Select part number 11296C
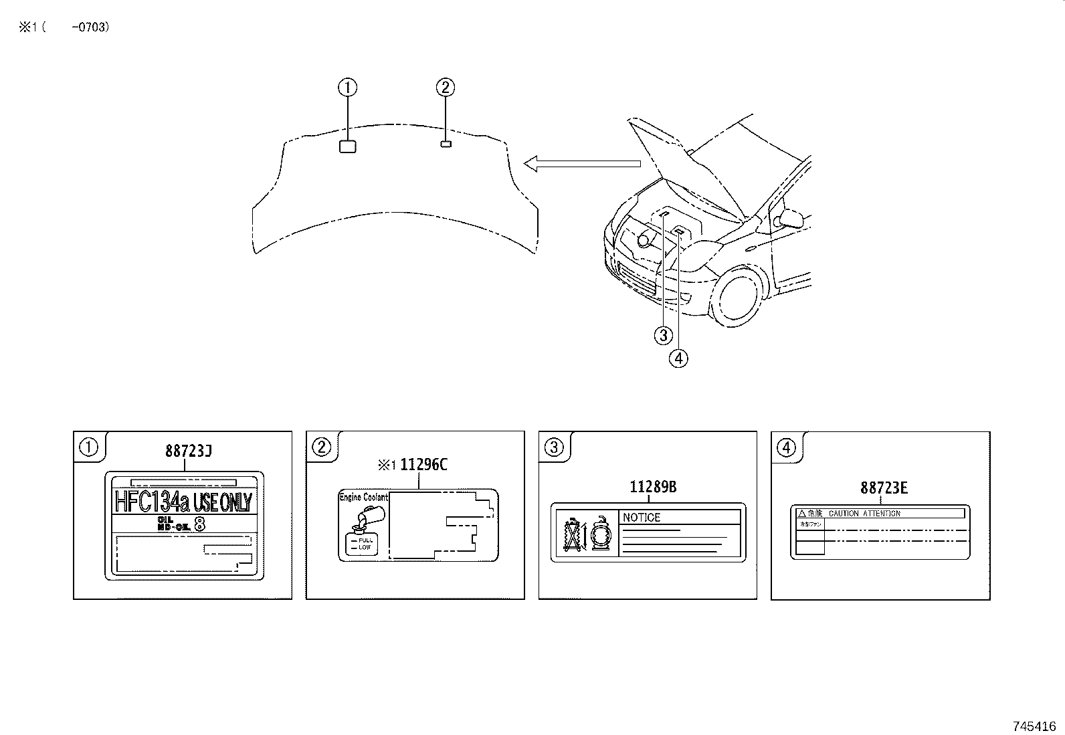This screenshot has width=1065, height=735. coord(423,465)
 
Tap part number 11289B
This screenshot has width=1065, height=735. coord(652,487)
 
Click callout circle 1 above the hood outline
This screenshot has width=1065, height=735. coord(347,87)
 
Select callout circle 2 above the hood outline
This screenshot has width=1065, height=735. coord(446,87)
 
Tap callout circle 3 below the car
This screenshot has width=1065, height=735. coord(663,335)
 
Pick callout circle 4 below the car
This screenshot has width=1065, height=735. coord(678,358)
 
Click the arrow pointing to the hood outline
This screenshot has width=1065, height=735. coord(582,163)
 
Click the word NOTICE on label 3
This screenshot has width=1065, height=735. coord(642,517)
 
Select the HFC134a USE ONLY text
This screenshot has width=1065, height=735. coord(183,502)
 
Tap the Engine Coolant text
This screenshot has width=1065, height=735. coord(363,498)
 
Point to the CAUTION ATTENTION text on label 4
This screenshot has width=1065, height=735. coord(864,513)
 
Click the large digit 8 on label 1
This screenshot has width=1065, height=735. coord(199,524)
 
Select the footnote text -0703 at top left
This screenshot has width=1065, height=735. coord(90,27)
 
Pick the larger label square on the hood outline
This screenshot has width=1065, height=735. coord(347,146)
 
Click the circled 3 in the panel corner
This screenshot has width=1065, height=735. coord(554,447)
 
